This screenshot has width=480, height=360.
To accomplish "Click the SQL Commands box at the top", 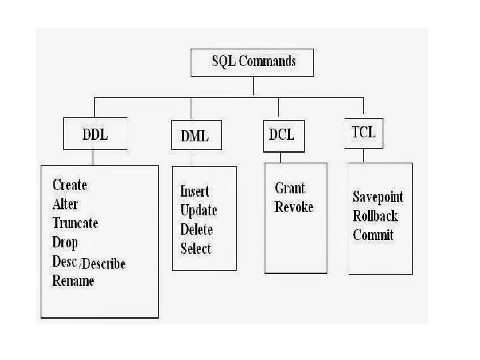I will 253,63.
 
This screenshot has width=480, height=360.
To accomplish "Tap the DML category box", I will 194,136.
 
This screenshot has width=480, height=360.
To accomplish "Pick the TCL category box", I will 363,131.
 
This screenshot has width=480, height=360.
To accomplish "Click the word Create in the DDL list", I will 69,185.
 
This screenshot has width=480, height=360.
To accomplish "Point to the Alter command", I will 65,204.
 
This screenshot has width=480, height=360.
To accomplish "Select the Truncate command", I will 75,223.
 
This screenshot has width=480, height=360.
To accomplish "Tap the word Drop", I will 65,242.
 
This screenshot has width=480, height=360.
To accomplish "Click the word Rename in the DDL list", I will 73,281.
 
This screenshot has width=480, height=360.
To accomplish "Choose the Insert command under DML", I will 195,191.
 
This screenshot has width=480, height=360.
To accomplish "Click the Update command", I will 199,211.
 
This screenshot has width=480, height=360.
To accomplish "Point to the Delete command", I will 197,230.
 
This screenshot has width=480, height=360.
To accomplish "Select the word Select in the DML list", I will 195,249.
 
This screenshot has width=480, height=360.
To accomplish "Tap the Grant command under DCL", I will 290,189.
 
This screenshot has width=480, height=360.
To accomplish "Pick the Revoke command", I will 293,207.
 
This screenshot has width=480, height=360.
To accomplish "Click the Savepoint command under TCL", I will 378,197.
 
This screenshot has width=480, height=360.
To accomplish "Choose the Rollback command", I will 375,215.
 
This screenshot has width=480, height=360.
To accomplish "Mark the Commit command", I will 373,235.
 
